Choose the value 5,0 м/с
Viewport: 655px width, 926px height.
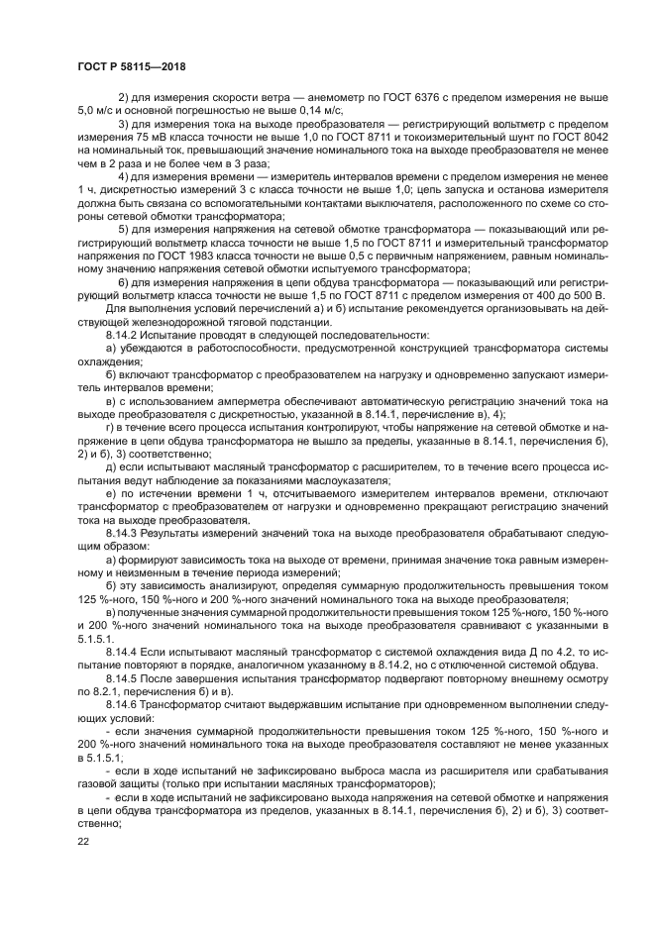(x=98, y=112)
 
